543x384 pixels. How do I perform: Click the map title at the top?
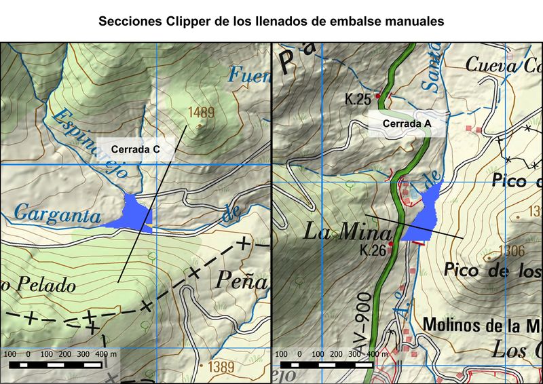pyautogui.click(x=271, y=21)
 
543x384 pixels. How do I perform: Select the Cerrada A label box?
pyautogui.click(x=405, y=124)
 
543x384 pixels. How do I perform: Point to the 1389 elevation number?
pyautogui.click(x=221, y=367)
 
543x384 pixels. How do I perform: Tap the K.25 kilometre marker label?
pyautogui.click(x=357, y=100)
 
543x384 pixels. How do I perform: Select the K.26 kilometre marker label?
pyautogui.click(x=373, y=250)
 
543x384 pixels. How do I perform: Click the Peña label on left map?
pyautogui.click(x=243, y=278)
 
